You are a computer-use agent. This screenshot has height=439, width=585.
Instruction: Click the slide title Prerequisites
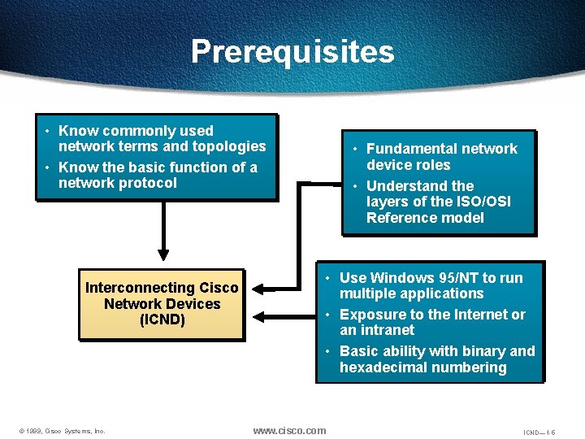[x=292, y=51]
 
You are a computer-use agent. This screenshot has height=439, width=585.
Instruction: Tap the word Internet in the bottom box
[x=455, y=315]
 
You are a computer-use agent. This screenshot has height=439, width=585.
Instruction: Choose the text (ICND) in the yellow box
[x=162, y=319]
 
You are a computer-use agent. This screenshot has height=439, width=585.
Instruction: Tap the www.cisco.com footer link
[x=289, y=430]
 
